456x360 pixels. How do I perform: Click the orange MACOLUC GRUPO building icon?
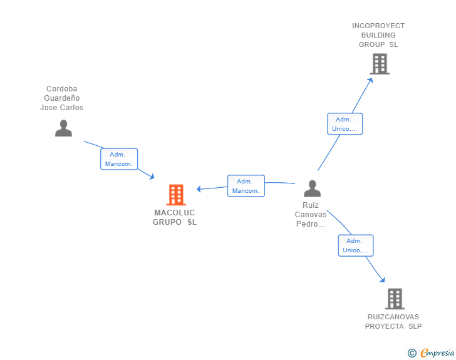[176, 195]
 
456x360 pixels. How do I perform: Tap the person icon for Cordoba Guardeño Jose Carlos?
[63, 128]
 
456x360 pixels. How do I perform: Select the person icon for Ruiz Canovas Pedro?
[313, 188]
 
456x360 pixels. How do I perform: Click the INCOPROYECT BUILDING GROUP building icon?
[380, 64]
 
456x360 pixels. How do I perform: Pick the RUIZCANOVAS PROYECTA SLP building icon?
[395, 299]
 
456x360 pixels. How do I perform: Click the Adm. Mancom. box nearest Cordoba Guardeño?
[119, 159]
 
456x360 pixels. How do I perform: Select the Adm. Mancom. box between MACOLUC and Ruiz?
[246, 186]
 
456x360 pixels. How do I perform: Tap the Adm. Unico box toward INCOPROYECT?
[345, 124]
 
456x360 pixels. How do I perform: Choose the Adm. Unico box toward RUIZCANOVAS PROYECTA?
[356, 245]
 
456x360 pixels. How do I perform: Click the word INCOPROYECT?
[378, 26]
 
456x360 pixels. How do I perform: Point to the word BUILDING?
[378, 35]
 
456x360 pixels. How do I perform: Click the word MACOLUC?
[175, 213]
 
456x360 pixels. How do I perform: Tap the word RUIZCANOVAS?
[393, 317]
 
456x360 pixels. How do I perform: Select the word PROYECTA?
[384, 326]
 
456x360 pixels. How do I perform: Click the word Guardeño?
[62, 98]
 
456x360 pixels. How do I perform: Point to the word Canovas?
[311, 215]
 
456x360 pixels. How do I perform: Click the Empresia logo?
[437, 352]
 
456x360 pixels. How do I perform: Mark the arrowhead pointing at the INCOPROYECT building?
[370, 81]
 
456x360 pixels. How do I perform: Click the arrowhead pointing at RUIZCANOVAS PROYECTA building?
[383, 280]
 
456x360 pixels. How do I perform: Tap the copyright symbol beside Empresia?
[412, 353]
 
